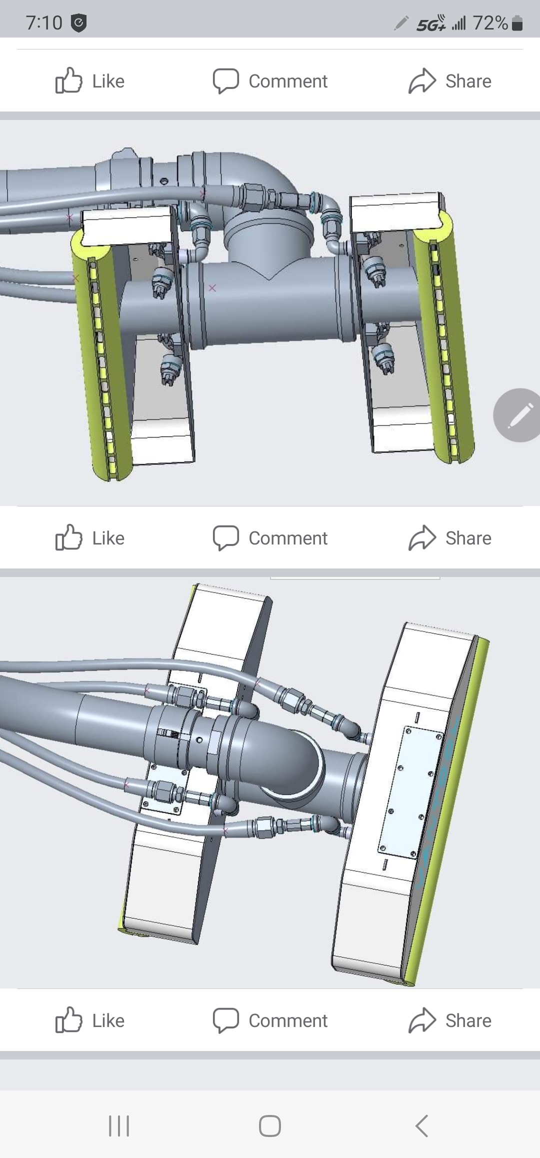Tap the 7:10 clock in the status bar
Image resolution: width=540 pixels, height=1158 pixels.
tap(44, 22)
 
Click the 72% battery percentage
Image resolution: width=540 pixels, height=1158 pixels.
tap(490, 22)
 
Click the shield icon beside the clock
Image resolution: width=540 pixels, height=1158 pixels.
tap(79, 23)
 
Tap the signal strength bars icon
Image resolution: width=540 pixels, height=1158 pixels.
tap(459, 23)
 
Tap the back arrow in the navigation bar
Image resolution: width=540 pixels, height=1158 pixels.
tap(421, 1125)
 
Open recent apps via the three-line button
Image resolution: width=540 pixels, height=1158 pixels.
tap(119, 1125)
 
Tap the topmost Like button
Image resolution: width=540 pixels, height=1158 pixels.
tap(90, 80)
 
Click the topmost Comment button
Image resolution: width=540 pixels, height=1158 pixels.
tap(270, 81)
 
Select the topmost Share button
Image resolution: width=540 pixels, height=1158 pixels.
tap(449, 81)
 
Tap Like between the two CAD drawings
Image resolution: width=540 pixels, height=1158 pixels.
tap(90, 537)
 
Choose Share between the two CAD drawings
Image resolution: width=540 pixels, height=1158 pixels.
tap(449, 538)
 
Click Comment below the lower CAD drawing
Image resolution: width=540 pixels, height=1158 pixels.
tap(270, 1020)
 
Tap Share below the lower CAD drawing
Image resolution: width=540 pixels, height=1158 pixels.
tap(449, 1020)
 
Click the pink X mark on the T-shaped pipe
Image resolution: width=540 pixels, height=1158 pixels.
tap(212, 288)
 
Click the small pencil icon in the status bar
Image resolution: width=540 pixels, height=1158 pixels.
tap(401, 23)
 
